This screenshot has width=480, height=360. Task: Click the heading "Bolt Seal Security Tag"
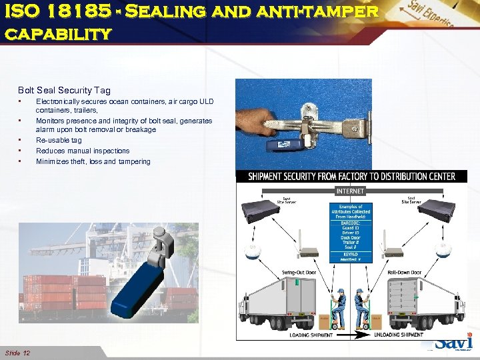(64, 90)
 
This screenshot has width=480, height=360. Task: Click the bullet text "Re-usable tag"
(59, 140)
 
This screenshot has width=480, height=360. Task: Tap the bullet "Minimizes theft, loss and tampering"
(93, 161)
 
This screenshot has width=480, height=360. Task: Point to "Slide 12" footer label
(17, 352)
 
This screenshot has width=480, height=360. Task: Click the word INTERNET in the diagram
(350, 191)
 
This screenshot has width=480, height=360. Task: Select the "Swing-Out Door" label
(297, 273)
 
